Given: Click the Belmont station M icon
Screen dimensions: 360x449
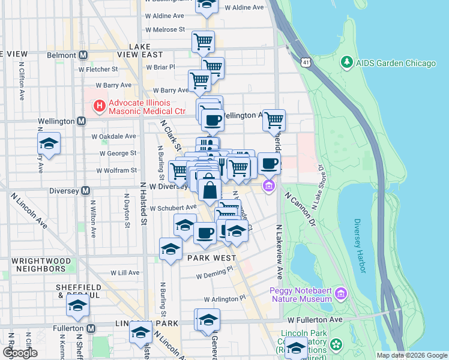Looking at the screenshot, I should [83, 55].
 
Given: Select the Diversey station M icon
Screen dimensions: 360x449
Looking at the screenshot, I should [86, 191].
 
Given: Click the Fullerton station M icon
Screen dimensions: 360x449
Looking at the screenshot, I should [91, 328].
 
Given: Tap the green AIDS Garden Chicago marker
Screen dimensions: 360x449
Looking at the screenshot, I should [346, 62].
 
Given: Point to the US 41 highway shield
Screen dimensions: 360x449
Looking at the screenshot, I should [307, 62].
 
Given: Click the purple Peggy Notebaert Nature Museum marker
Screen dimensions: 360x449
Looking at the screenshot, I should [342, 293].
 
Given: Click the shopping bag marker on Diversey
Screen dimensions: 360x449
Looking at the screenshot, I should [209, 190].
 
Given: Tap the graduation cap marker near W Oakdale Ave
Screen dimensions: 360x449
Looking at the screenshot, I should [49, 143].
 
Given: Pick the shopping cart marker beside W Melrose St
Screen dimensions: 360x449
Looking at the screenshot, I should [203, 41].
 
